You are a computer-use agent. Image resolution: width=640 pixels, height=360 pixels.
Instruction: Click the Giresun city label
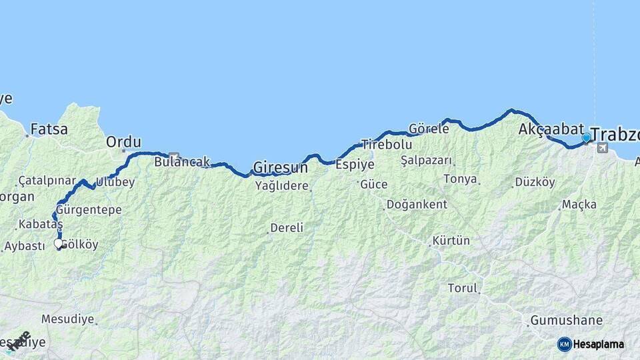pos(280,167)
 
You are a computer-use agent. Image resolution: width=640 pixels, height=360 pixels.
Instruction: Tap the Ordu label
pos(124,142)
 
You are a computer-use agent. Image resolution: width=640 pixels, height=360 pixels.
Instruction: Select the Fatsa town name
pos(49,129)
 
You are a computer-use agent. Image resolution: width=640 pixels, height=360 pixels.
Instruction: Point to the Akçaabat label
pos(551,129)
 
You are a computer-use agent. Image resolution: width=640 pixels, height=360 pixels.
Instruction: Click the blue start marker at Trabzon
pos(587,138)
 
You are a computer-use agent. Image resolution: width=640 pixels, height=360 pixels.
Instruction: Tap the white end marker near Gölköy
pos(59,244)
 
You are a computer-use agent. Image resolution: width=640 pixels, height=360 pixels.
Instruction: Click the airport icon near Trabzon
pos(603,148)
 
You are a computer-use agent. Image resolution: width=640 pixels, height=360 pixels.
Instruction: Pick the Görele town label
pos(429,129)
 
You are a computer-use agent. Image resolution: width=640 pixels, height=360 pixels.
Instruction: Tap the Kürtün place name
pos(451,241)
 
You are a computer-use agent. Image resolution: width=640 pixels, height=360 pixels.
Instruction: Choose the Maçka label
pos(579,205)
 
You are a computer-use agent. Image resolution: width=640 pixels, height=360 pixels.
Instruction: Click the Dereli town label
pos(287,228)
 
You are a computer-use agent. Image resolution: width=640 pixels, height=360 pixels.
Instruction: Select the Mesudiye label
pos(67,319)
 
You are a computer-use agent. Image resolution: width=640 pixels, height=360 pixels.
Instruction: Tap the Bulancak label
pos(182,161)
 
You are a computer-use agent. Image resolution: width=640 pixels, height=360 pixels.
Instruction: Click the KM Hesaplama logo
pos(591,344)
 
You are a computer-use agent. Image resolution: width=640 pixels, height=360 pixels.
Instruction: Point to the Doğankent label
pos(417,205)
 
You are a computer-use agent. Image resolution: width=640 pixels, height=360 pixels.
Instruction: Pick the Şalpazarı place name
pos(427,161)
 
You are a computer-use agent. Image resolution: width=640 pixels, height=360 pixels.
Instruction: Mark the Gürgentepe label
pos(89,210)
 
